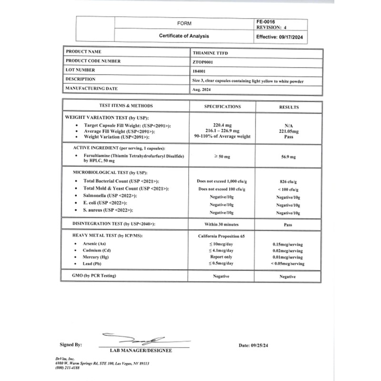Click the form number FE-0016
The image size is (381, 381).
point(265,21)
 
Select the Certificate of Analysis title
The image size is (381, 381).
point(184,36)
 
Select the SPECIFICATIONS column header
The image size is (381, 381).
point(222,107)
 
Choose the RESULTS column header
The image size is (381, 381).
point(289,107)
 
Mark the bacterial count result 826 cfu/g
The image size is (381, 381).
point(289,181)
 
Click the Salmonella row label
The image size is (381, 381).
point(110,196)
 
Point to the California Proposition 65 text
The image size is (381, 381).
point(222,236)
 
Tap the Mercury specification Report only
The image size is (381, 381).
point(222,257)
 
